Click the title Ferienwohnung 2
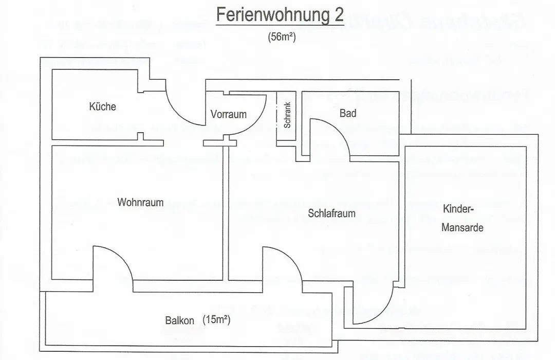tap(280, 15)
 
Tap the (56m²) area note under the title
tap(282, 37)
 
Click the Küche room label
tap(103, 106)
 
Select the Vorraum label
tap(228, 114)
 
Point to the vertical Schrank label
tap(287, 115)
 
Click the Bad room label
tap(347, 113)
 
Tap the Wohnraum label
tap(140, 202)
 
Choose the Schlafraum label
tap(331, 213)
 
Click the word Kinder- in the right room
tap(458, 209)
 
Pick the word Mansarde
tap(462, 227)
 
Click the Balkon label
tap(179, 320)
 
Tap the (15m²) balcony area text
tap(217, 319)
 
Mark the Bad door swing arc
tap(338, 129)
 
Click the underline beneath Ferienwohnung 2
tap(280, 25)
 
